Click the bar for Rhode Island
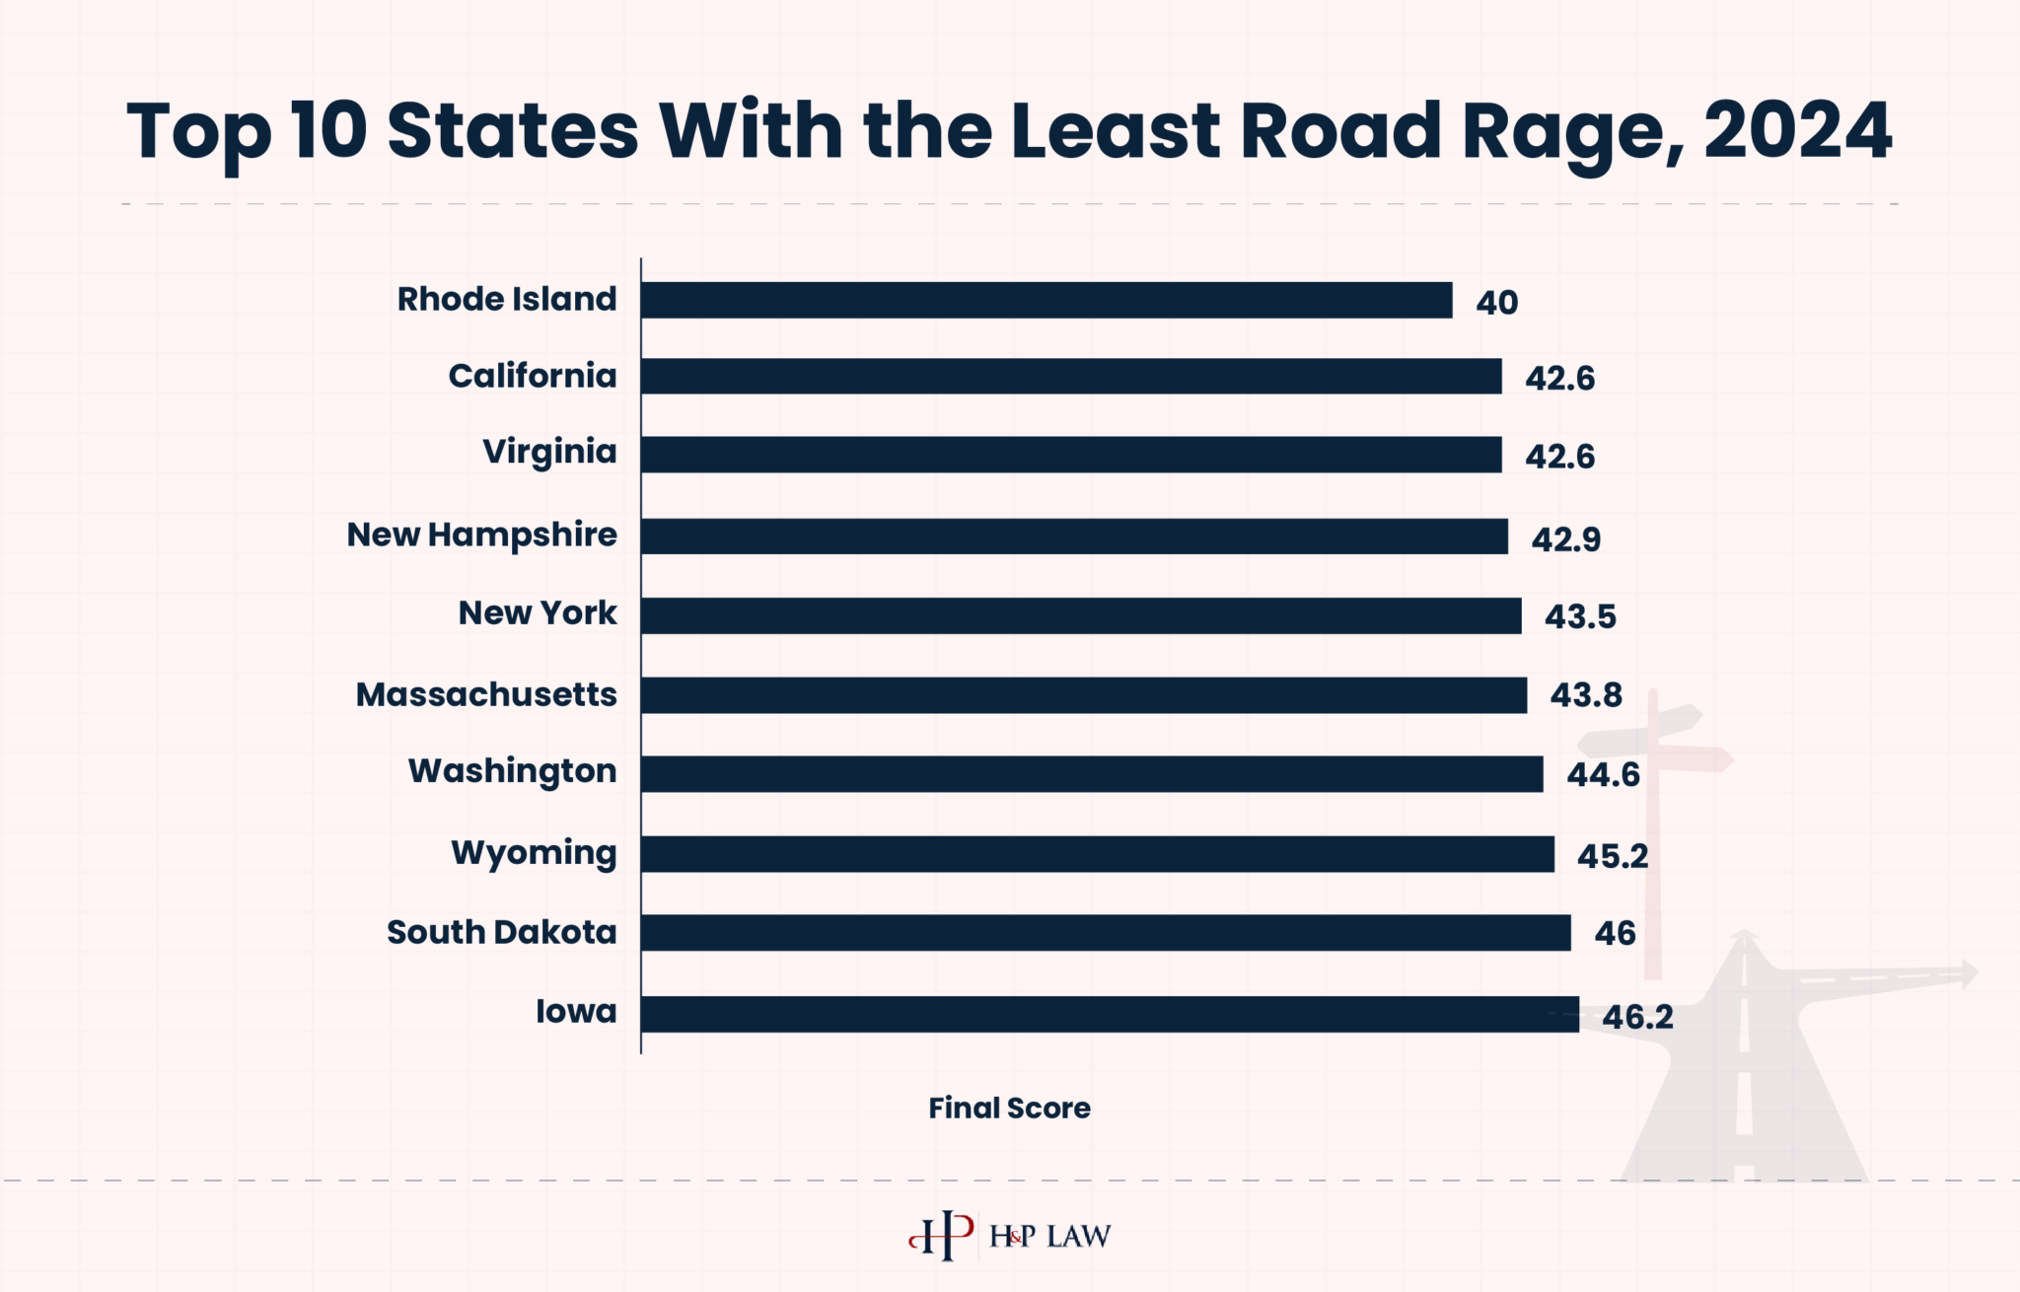pos(1046,300)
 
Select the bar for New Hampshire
pos(1073,537)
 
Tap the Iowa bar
pos(1109,1014)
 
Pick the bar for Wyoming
pos(1097,854)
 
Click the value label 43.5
pos(1580,616)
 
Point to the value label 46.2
pos(1637,1017)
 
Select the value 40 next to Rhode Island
pos(1496,303)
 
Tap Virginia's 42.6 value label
pos(1559,457)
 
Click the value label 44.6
pos(1603,774)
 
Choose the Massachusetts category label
pos(486,694)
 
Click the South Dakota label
pos(501,932)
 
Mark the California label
pos(532,376)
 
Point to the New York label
pos(538,612)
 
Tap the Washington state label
pos(512,770)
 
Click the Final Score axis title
pos(1009,1108)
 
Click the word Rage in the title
pos(1567,132)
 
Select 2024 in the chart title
pos(1797,130)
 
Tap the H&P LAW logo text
pos(1049,1236)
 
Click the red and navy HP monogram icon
pos(941,1235)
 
